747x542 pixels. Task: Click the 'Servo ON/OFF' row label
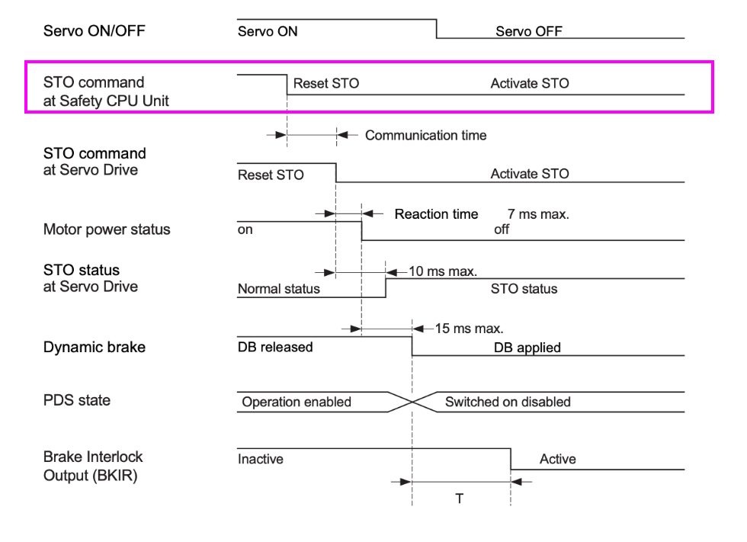[x=94, y=31]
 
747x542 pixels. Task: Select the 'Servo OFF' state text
[x=528, y=32]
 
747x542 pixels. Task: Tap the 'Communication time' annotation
[x=425, y=136]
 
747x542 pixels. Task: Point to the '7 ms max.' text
[x=538, y=215]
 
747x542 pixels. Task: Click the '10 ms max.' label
[x=443, y=271]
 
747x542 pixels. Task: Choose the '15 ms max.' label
[x=469, y=329]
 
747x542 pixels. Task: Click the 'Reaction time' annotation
[x=436, y=215]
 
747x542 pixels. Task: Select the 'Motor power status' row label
[x=107, y=229]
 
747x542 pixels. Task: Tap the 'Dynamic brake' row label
[x=94, y=347]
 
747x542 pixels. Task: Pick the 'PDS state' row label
[x=76, y=400]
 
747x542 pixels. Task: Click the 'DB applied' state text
[x=527, y=348]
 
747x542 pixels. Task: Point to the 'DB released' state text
[x=275, y=348]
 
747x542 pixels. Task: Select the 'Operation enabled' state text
[x=297, y=402]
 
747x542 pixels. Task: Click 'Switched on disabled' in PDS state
[x=508, y=402]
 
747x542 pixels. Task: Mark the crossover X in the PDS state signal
[x=412, y=402]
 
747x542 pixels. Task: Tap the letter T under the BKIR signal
[x=460, y=499]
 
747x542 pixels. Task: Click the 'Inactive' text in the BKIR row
[x=261, y=460]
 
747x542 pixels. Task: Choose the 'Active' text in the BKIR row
[x=557, y=460]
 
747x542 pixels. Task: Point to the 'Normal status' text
[x=279, y=290]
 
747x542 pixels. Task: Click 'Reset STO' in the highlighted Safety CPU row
[x=325, y=84]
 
